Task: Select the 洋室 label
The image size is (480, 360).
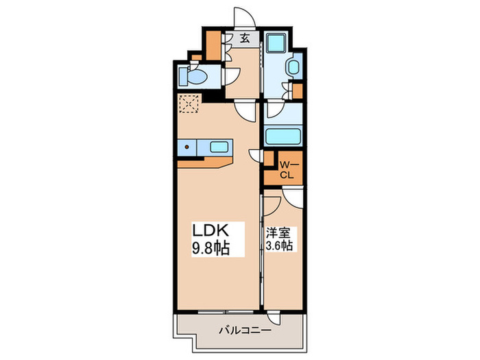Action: click(x=278, y=232)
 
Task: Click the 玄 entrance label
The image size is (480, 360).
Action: click(x=244, y=39)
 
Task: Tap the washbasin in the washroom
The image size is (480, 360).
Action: click(x=292, y=67)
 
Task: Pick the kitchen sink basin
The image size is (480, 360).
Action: click(x=219, y=147)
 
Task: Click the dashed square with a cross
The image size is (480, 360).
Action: click(x=188, y=105)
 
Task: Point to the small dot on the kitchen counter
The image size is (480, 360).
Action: click(x=187, y=147)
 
